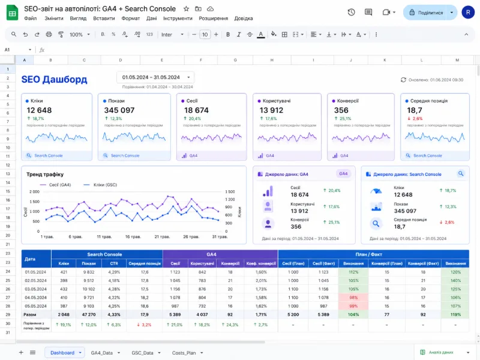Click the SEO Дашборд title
coord(54,79)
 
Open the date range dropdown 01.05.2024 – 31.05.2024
coord(155,77)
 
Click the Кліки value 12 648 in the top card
coord(40,110)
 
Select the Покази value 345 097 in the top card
coord(119,110)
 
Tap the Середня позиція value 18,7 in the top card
coord(415,110)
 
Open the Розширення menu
coord(214,19)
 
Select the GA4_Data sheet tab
coord(102,353)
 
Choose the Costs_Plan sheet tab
coord(184,353)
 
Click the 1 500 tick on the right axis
coord(230,192)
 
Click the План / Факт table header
coord(373,254)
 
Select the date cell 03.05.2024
coord(36,289)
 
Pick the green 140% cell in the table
coord(455,280)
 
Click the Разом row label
coord(30,314)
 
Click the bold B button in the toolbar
coord(228,34)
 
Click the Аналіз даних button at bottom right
coord(439,353)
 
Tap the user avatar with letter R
coord(467,13)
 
